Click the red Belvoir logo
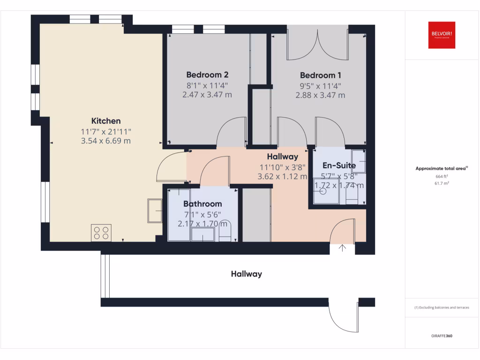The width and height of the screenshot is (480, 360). click(442, 35)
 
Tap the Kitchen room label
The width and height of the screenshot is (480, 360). click(106, 121)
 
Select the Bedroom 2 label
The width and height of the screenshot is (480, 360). click(207, 75)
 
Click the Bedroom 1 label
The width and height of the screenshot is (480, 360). click(321, 75)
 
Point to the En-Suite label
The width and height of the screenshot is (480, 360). click(339, 165)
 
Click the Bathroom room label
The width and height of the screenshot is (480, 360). click(202, 204)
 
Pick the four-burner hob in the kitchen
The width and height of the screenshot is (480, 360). click(102, 233)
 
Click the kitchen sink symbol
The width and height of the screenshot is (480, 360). click(155, 210)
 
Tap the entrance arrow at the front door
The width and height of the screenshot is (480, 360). click(342, 248)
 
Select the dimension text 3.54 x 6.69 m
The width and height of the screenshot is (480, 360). click(106, 141)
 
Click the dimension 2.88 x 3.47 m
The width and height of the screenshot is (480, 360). click(320, 95)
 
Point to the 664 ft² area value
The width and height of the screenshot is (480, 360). click(442, 176)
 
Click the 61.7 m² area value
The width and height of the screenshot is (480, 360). click(442, 183)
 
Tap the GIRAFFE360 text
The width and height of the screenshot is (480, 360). click(442, 336)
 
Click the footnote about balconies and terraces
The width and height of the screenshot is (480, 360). click(442, 308)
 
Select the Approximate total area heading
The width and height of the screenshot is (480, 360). click(442, 168)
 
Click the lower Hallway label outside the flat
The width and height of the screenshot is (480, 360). click(246, 274)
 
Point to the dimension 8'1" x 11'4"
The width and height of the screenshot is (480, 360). click(207, 86)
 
